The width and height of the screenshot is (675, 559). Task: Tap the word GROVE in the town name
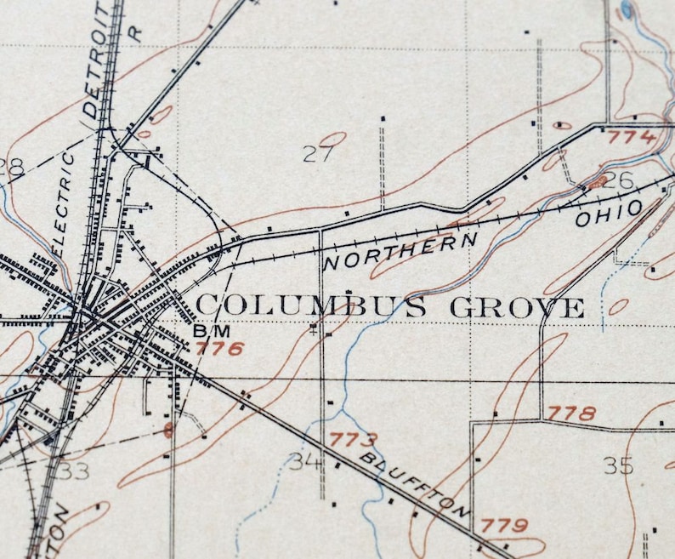coord(517,307)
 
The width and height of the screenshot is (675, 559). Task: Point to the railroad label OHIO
coord(609,213)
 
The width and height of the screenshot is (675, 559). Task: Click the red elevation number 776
coord(219,347)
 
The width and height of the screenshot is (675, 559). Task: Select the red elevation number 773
coord(352,440)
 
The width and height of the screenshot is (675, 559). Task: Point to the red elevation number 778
coord(570,413)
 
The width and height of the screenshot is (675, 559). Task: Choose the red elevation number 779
coord(505,524)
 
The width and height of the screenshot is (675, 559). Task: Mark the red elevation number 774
coord(632,137)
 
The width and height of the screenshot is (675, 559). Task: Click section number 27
coord(318,154)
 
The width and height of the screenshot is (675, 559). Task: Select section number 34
coord(306,461)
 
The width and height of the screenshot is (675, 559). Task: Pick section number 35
coord(620,465)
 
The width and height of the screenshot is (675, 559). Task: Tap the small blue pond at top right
coord(627,9)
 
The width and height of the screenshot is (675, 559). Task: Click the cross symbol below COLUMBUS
coord(315,328)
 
